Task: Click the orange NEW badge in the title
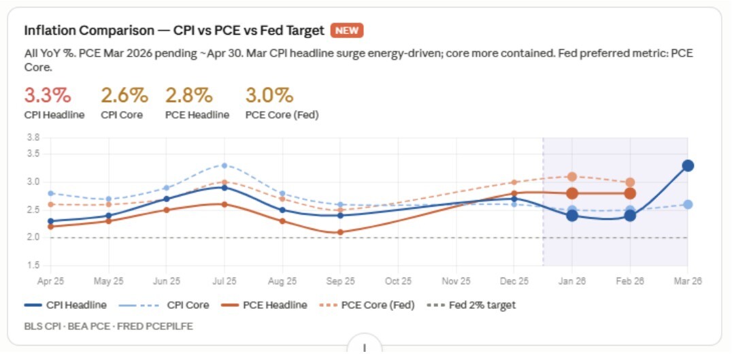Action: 347,31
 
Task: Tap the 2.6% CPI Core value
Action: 124,95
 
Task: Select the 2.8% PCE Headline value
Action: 188,95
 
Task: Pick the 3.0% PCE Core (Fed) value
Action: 269,95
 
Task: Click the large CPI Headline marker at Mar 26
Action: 688,165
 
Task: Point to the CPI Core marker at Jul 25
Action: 224,165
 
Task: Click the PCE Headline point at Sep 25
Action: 340,232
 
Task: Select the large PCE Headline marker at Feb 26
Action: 630,193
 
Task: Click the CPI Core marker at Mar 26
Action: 688,204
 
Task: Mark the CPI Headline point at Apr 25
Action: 51,221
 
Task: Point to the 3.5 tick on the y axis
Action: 33,154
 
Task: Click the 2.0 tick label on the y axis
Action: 33,238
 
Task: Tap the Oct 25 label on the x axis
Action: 398,281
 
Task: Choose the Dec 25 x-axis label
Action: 514,281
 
